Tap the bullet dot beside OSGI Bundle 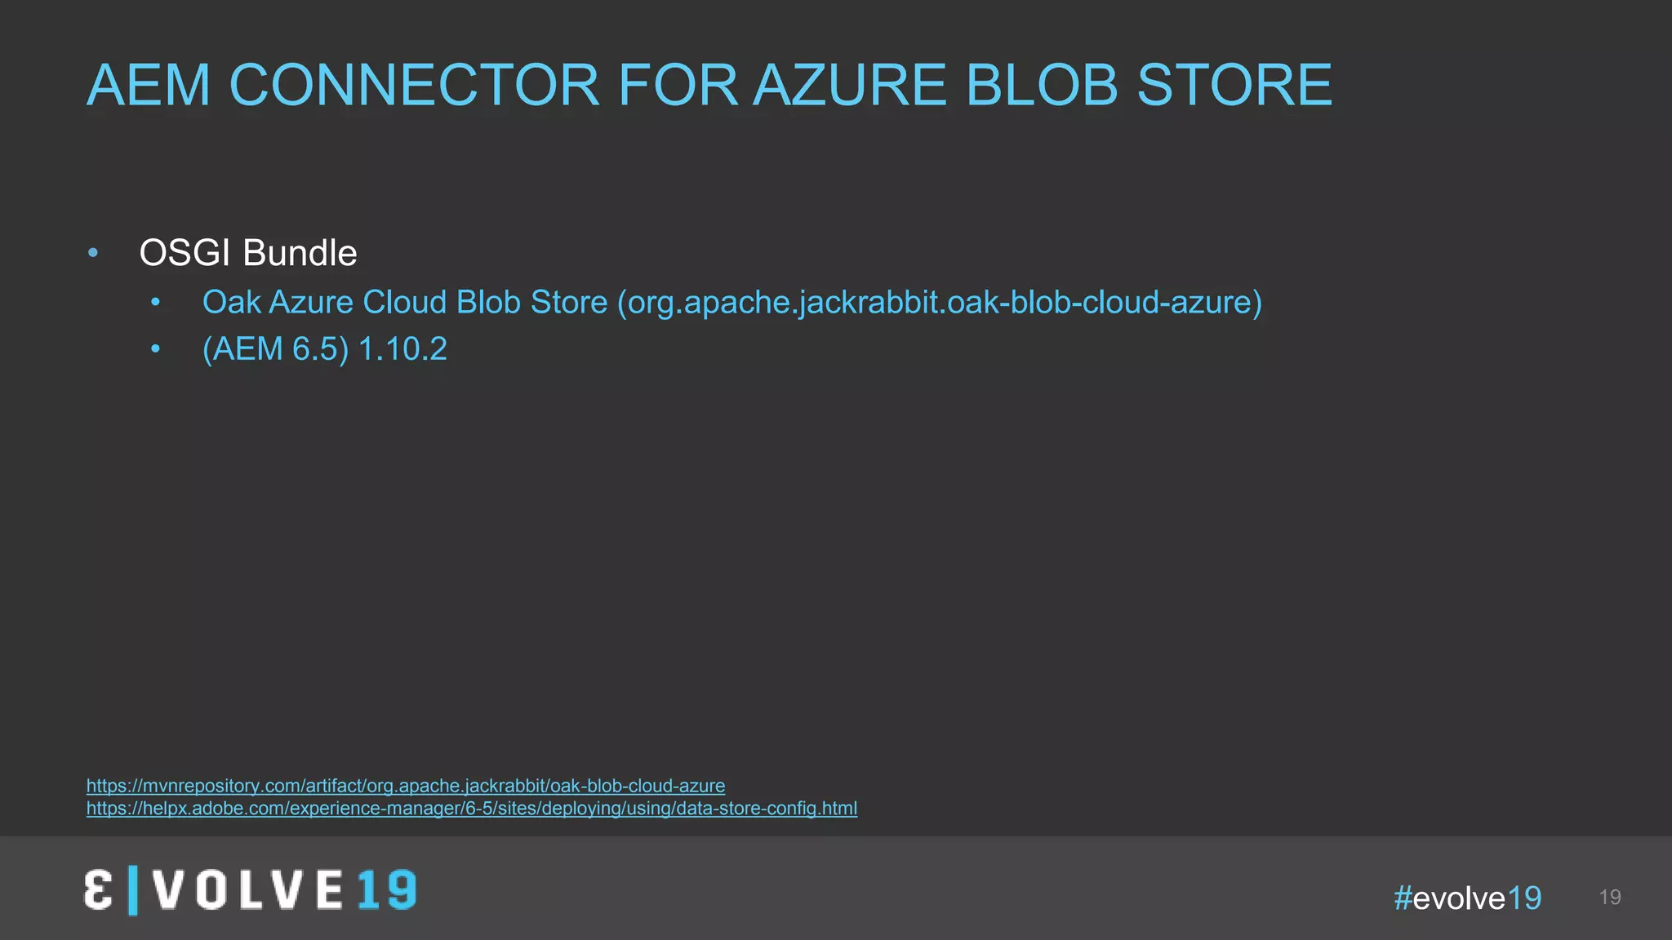(x=93, y=253)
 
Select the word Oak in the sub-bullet (x=232, y=302)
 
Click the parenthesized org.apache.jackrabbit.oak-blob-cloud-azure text (x=940, y=302)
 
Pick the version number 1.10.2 (x=402, y=349)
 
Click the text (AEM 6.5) (x=275, y=349)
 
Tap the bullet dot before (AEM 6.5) (x=156, y=349)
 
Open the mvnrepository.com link (x=406, y=786)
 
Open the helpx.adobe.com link (x=472, y=809)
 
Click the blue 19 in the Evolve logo (x=386, y=889)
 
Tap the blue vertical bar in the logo (x=133, y=890)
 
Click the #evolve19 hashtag (x=1467, y=898)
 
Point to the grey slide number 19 (x=1609, y=898)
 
